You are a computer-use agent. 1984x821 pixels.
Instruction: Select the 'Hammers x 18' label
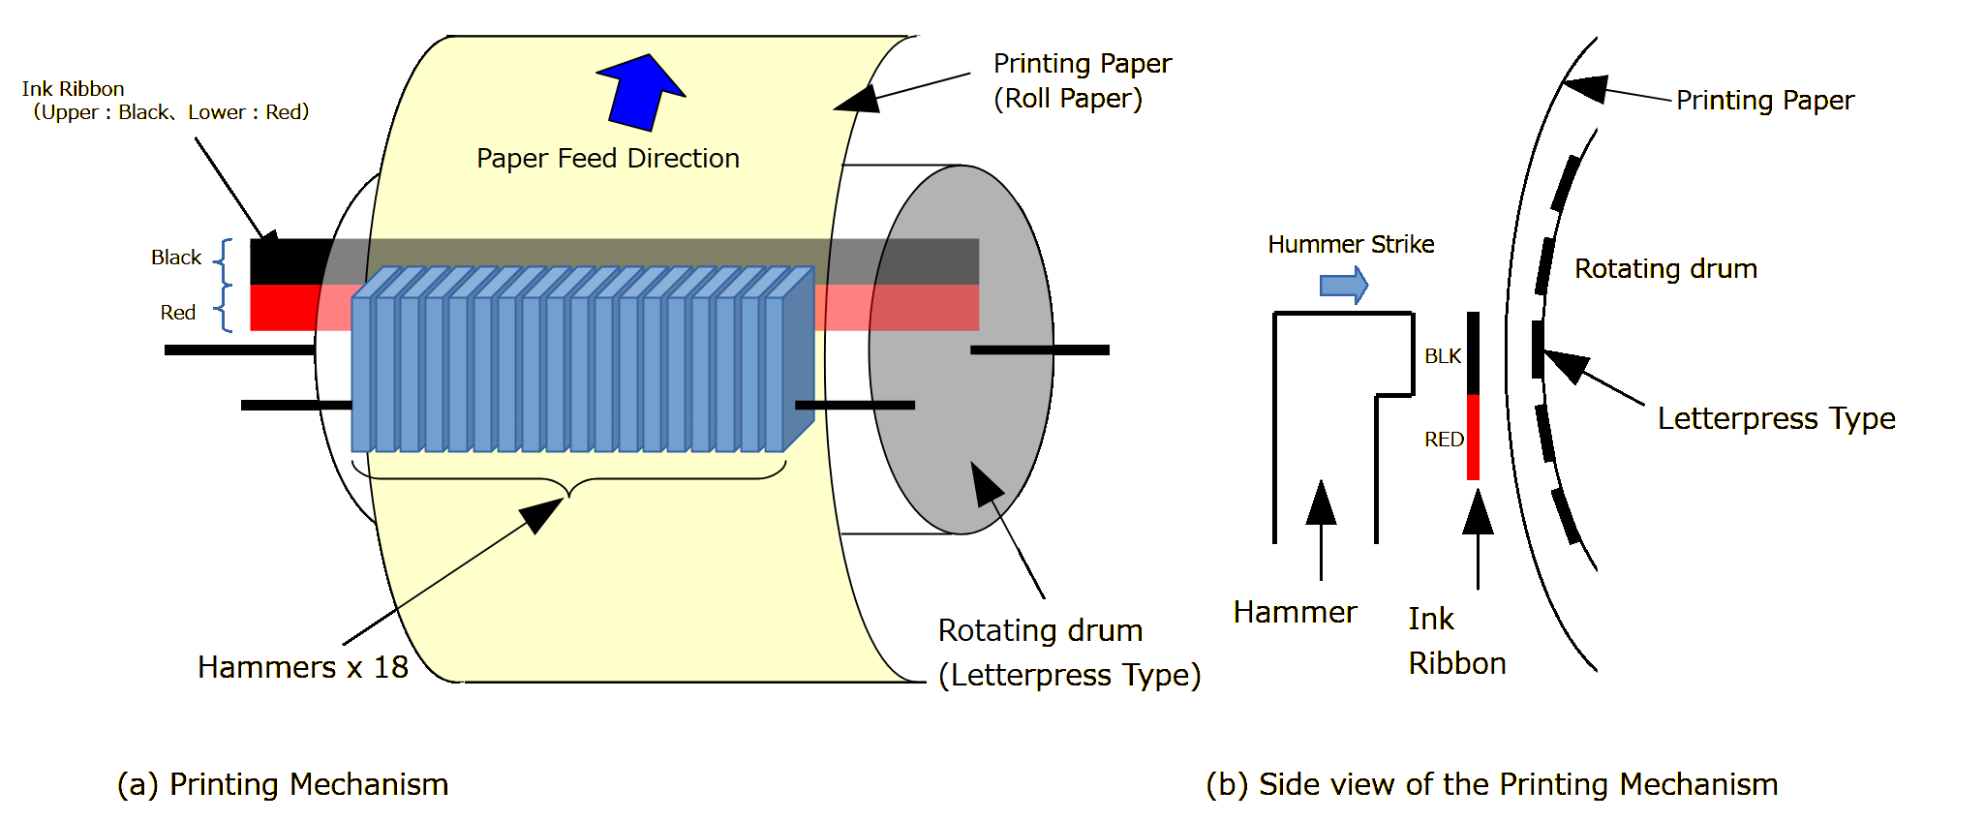[302, 667]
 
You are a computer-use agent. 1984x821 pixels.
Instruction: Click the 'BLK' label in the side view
[1442, 356]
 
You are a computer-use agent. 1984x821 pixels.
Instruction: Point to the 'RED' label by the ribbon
[1443, 440]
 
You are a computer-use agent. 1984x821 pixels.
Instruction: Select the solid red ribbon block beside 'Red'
[284, 308]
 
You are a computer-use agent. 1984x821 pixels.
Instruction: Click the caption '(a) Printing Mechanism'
[282, 784]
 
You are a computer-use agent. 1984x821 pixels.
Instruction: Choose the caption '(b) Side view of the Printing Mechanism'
[1491, 784]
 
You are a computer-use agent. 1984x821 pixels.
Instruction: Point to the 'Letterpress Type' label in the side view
[1776, 418]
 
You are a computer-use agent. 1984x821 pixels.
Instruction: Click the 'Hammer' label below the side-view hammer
[1295, 612]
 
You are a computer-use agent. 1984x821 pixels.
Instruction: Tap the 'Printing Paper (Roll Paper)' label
[1081, 80]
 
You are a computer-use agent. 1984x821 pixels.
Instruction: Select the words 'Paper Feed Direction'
[607, 158]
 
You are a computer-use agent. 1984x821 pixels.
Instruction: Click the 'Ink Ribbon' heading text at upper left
[74, 89]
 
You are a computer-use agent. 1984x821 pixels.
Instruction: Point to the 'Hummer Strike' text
[1351, 244]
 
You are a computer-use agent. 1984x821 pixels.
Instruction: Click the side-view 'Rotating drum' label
[1665, 268]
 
